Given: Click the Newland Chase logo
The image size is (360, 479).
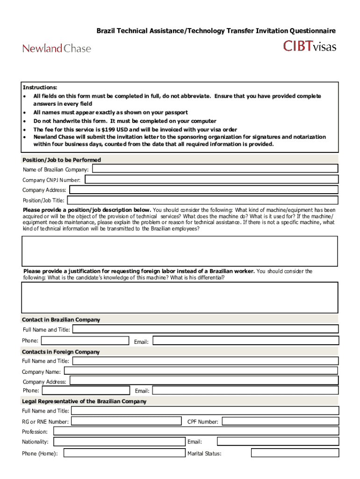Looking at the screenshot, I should coord(57,48).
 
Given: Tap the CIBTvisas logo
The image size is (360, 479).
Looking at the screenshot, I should coord(310,46).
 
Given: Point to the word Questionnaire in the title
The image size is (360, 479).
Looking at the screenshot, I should coord(312,31).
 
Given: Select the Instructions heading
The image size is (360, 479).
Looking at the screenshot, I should coord(40,87).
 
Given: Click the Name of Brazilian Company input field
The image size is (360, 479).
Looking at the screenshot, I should coord(215,169).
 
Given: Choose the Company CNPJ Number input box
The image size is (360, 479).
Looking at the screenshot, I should coord(211,180).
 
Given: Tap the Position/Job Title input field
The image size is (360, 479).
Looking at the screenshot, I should coord(202,200).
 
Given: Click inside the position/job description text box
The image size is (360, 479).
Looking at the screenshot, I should coord(180,251).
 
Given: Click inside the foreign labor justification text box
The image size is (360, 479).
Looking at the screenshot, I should coord(180,297).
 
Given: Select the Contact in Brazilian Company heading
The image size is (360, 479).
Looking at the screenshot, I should coord(61,320).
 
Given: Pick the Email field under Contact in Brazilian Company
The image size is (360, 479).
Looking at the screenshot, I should coord(245,341).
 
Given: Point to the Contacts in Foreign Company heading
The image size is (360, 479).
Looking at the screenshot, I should coord(61,352).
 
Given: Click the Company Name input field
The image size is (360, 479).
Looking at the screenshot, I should coord(201,371).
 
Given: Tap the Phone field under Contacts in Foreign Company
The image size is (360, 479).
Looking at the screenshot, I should coord(86,390).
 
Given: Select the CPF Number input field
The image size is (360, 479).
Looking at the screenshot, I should coord(280,421).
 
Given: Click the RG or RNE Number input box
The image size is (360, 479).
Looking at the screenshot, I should coord(126,421).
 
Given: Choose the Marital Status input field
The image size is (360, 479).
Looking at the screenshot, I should coord(294,453).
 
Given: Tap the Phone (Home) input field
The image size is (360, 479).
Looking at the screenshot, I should coord(124,453).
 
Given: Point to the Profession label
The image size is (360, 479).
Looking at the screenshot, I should coord(35,431).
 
